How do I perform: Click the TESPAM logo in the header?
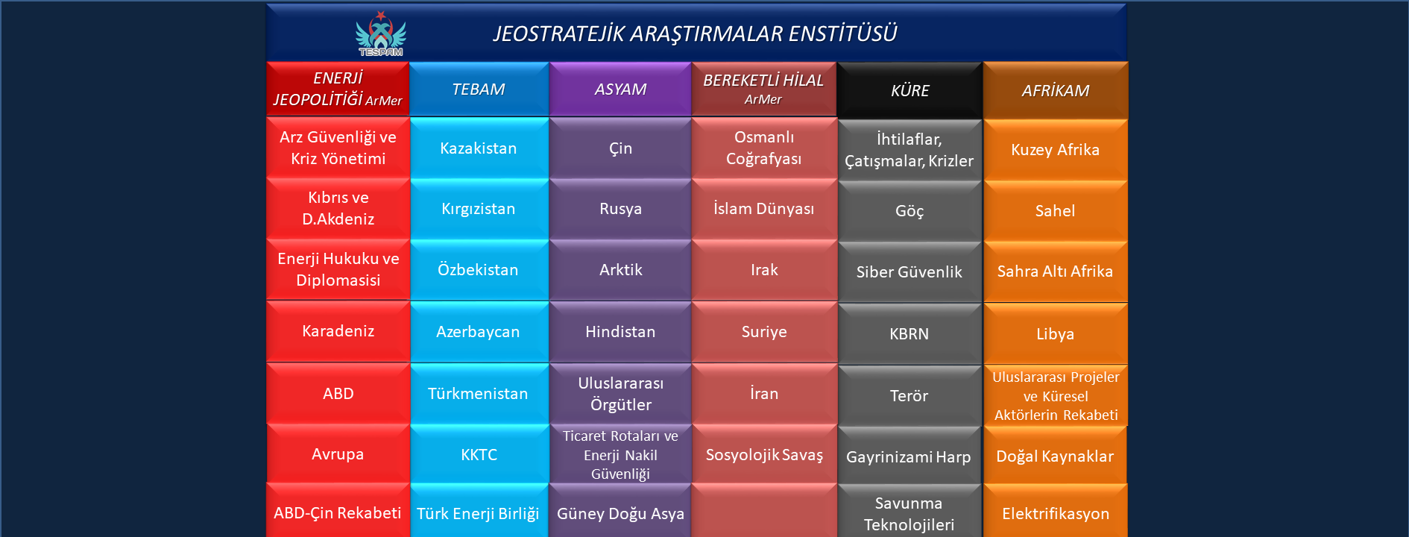coord(381,34)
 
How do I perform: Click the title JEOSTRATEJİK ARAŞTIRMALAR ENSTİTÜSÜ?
coord(695,34)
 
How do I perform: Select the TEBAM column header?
coord(479,89)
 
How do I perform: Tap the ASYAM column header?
coord(620,89)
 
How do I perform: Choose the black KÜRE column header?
coord(910,91)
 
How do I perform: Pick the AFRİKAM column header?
coord(1056,91)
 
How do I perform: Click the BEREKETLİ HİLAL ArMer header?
coord(764,89)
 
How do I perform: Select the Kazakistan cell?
coord(479,148)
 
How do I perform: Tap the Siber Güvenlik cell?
coord(910,272)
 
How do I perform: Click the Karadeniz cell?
coord(338,331)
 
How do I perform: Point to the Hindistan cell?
coord(620,332)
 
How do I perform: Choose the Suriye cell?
coord(764,332)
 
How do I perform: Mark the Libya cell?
coord(1056,334)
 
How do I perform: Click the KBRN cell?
coord(910,334)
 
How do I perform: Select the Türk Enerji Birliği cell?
coord(479,513)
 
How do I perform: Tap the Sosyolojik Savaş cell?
coord(764,455)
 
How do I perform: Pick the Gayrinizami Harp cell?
coord(910,457)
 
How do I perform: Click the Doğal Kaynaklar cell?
coord(1056,456)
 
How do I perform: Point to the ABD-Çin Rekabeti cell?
coord(338,513)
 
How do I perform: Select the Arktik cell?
coord(620,270)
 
